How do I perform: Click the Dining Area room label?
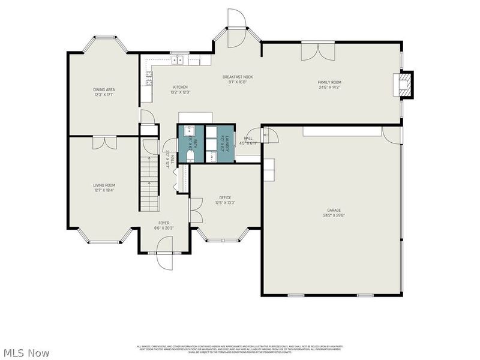103,89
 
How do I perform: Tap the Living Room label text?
104,185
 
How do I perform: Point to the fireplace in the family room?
406,84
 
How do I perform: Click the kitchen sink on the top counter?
178,59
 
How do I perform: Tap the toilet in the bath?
190,155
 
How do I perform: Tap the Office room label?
225,197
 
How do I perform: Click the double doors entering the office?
193,209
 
